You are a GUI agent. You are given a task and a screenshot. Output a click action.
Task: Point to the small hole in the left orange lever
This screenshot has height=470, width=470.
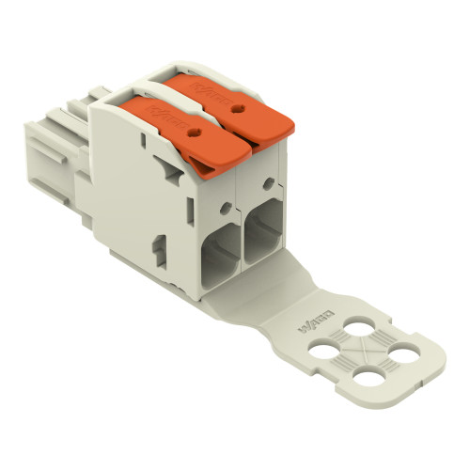196,134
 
